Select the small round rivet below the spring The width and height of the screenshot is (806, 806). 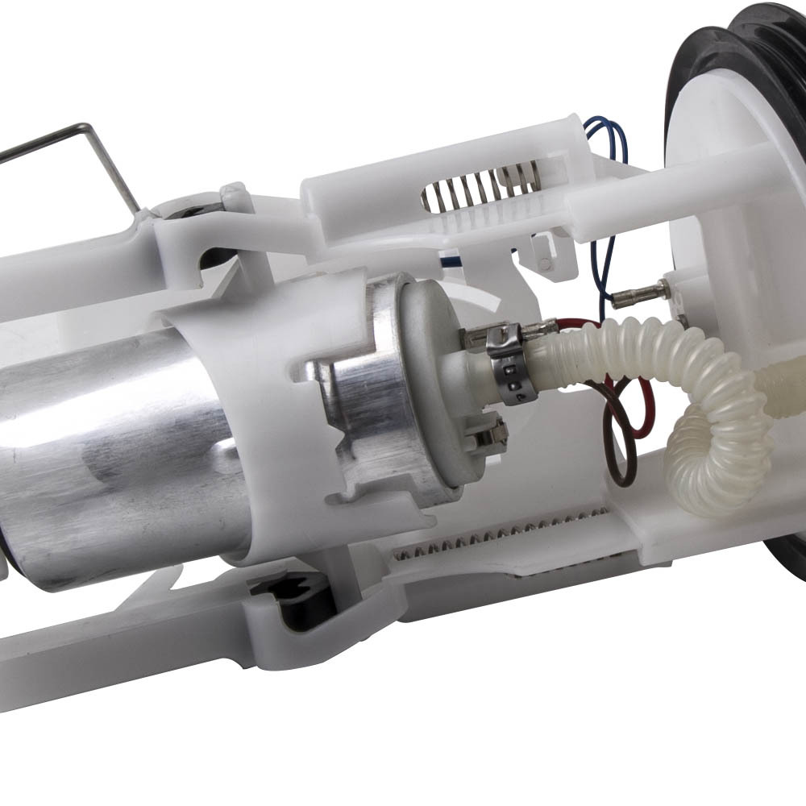[x=546, y=263]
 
